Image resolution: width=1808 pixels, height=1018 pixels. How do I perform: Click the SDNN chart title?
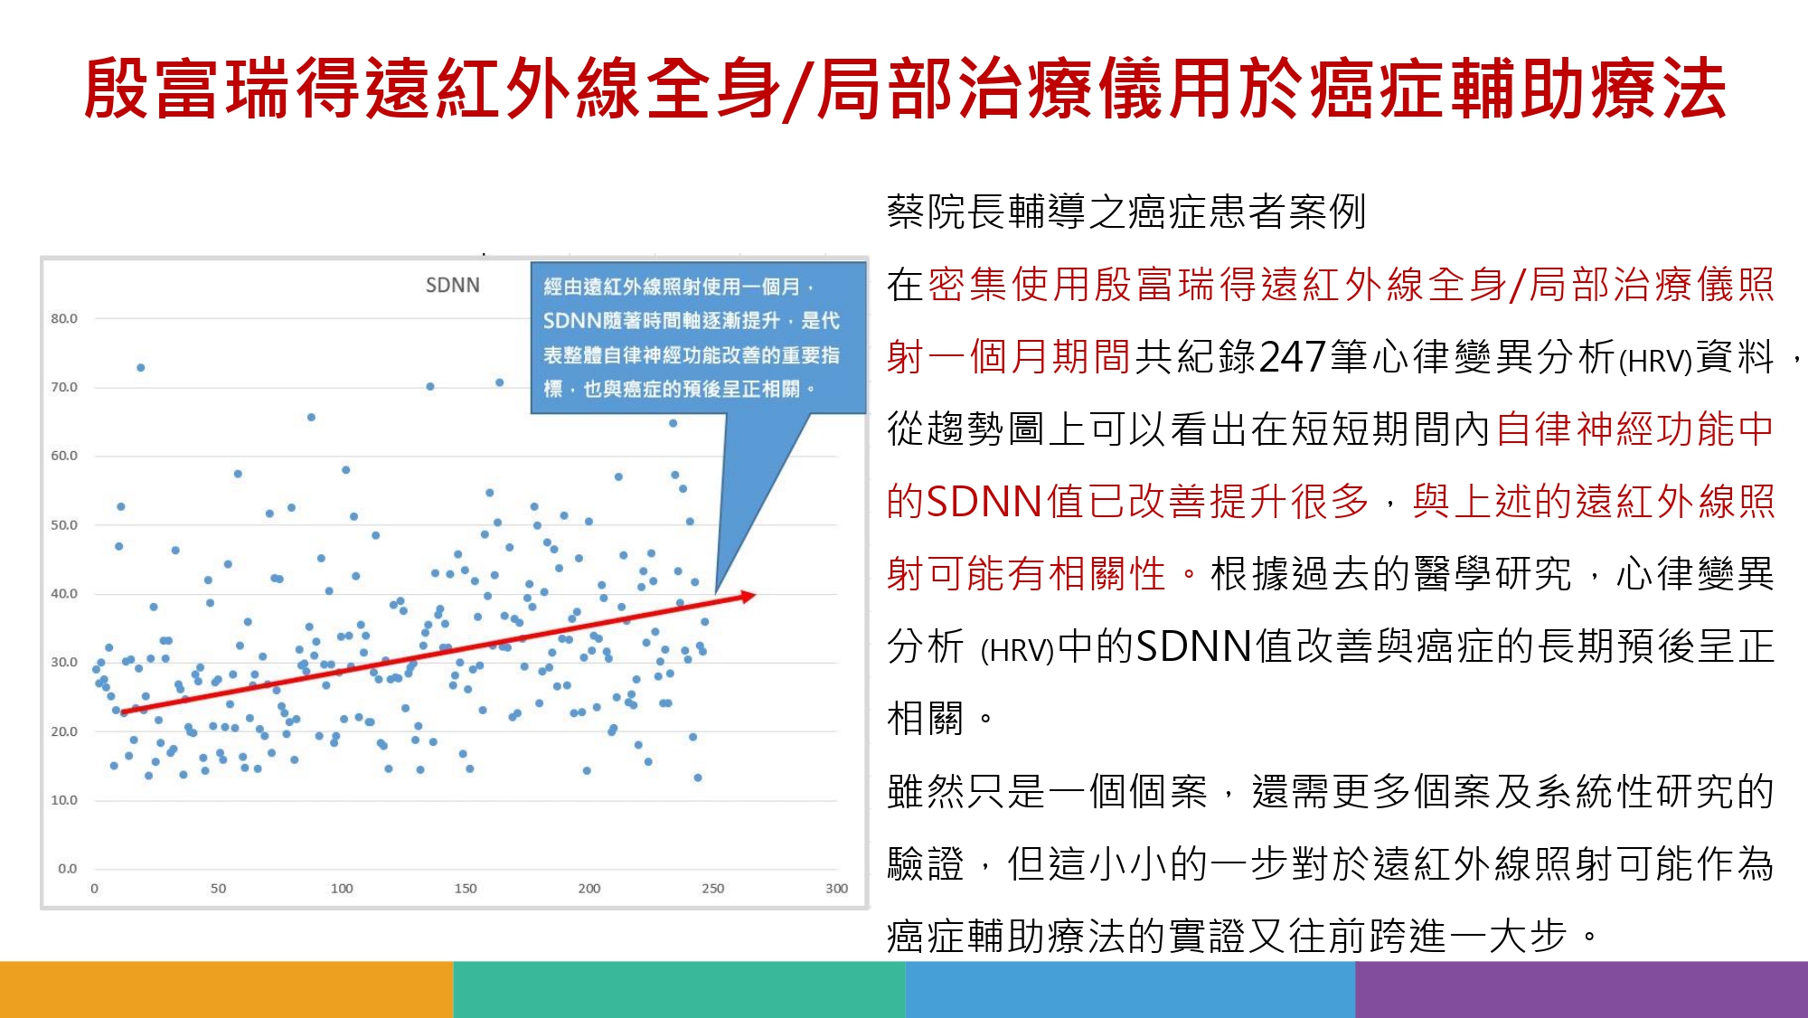[x=453, y=285]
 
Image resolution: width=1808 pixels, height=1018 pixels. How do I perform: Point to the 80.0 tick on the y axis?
[x=64, y=318]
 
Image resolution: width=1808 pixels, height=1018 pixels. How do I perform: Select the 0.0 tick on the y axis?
[x=68, y=869]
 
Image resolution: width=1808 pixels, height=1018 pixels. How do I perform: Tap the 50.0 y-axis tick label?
[x=64, y=524]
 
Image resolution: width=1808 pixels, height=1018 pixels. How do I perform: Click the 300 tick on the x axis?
[x=836, y=889]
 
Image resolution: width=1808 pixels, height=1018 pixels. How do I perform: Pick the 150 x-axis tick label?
[x=466, y=889]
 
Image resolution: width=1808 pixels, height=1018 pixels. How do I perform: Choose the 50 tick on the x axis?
[x=218, y=889]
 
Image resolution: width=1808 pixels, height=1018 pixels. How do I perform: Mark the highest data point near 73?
[x=141, y=367]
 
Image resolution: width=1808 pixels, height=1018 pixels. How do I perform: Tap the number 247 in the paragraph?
[x=1293, y=357]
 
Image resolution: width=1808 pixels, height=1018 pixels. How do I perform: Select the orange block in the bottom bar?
[x=226, y=989]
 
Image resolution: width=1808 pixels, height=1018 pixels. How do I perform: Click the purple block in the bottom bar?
[x=1582, y=989]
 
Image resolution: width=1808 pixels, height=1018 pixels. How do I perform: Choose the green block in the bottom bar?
[x=679, y=989]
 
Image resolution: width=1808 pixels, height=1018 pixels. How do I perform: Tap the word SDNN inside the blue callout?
[x=572, y=321]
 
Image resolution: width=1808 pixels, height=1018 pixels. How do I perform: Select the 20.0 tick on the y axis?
[x=64, y=731]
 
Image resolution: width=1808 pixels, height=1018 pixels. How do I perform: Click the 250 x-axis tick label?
[x=713, y=889]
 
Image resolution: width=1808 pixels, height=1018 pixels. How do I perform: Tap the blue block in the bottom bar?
[x=1130, y=989]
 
